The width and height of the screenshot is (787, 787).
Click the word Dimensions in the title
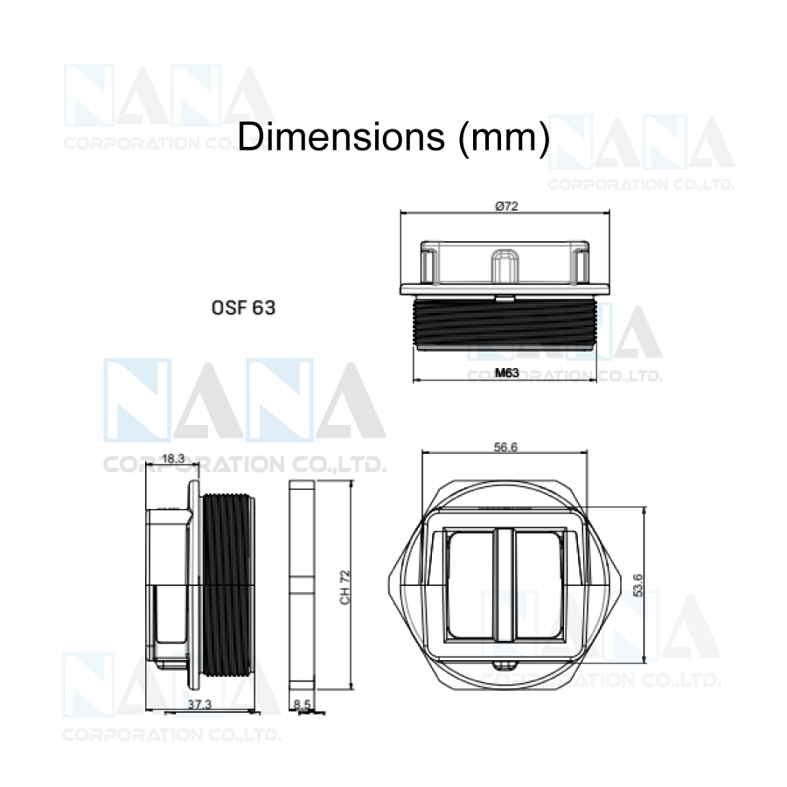[341, 136]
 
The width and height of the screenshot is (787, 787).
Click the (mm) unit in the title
[504, 137]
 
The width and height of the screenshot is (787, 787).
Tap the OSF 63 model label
[243, 308]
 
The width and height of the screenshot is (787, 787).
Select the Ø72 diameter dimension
[506, 205]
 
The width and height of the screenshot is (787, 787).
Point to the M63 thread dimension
[506, 373]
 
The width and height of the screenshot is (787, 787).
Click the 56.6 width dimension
[505, 447]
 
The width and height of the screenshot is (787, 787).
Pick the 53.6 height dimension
[638, 585]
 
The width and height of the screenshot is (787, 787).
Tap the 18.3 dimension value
[173, 458]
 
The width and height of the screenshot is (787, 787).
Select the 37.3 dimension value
[199, 704]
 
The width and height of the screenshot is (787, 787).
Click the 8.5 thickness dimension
[302, 704]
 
